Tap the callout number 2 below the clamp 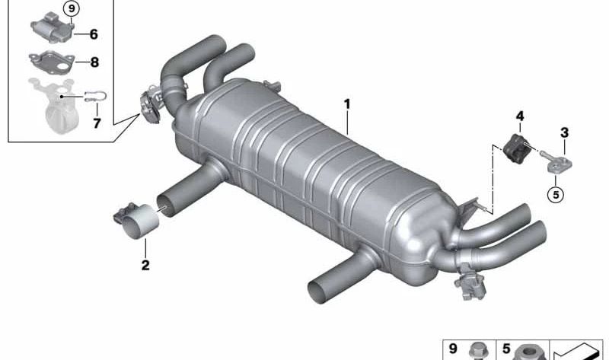tap(145, 266)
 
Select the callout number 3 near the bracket tap(564, 132)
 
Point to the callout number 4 tap(520, 116)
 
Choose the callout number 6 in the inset tap(94, 34)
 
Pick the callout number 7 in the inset tap(97, 123)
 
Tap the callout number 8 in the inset tap(94, 62)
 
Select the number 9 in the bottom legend tap(453, 349)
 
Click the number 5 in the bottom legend tap(495, 349)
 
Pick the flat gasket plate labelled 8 tap(50, 62)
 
